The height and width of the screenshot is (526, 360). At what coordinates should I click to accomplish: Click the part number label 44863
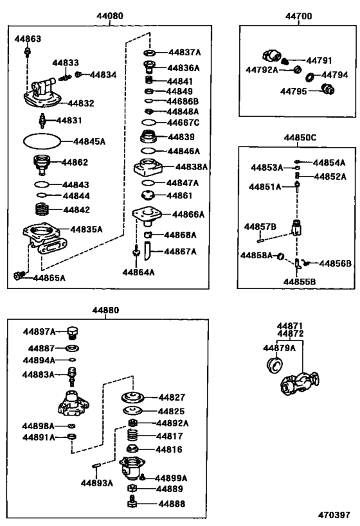coord(28,39)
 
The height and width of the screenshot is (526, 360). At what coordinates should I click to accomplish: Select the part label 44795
coord(294,91)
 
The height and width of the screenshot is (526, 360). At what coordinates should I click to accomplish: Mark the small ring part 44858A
coord(281,258)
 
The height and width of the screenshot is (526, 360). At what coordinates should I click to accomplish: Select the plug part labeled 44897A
coord(73,332)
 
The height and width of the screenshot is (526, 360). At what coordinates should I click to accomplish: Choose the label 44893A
coord(97,483)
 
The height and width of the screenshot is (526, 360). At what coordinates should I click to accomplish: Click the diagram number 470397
coord(336,515)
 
